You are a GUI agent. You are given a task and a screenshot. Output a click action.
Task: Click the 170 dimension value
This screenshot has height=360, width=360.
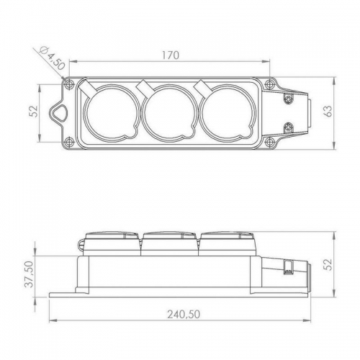(x=171, y=55)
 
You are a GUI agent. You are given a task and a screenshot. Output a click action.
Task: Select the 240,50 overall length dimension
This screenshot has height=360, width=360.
(x=184, y=314)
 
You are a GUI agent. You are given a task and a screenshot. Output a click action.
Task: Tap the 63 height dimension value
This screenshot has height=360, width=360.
(x=328, y=111)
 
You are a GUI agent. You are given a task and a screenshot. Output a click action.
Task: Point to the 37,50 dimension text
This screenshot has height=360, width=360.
(x=30, y=274)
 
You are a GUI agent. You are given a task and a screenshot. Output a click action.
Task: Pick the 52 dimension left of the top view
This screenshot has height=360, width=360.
(x=35, y=111)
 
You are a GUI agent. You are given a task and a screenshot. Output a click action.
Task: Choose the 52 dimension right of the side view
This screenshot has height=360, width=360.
(x=328, y=264)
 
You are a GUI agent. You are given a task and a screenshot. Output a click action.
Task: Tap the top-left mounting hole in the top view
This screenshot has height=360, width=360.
(x=69, y=84)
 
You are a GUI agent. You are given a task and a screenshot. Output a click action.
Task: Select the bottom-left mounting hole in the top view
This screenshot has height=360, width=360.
(x=69, y=141)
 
